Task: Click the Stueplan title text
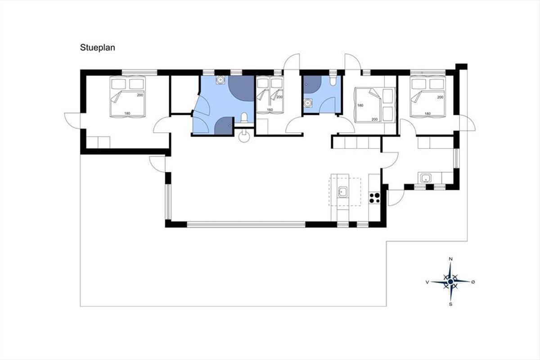click(x=97, y=48)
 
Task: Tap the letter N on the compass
click(x=450, y=259)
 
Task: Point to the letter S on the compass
click(x=450, y=304)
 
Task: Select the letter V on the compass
click(x=427, y=282)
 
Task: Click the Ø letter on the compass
click(x=473, y=282)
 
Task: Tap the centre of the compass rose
click(x=450, y=281)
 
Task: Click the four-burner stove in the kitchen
click(x=374, y=198)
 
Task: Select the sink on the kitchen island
click(x=343, y=192)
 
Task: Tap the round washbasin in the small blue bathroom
click(x=308, y=103)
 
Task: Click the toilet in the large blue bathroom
click(x=244, y=118)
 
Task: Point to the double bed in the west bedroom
click(x=127, y=97)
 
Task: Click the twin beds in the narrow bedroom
click(x=270, y=95)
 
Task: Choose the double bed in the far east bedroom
click(x=428, y=97)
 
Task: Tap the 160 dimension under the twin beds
click(x=270, y=110)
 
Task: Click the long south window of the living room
click(x=246, y=225)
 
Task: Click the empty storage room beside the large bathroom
click(x=184, y=94)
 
